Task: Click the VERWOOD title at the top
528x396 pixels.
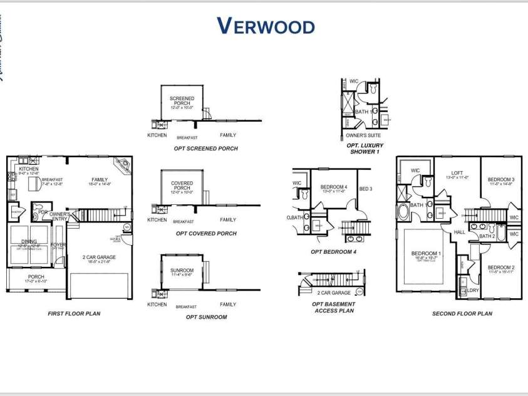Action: [x=266, y=26]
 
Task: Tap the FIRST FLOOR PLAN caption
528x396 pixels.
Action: [x=74, y=313]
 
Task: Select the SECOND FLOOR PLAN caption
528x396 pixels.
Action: [x=462, y=313]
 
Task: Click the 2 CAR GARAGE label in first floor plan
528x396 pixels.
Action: [x=99, y=257]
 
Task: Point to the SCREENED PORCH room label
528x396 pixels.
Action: [x=182, y=101]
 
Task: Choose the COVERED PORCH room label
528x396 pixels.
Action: [x=182, y=186]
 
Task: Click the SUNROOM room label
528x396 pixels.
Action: [x=182, y=270]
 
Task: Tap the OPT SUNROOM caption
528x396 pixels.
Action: [x=206, y=317]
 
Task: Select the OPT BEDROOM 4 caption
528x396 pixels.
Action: [x=333, y=252]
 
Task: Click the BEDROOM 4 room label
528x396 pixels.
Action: [x=333, y=187]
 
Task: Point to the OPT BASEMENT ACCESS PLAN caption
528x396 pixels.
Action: [x=333, y=307]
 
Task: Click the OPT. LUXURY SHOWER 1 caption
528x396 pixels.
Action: [x=365, y=148]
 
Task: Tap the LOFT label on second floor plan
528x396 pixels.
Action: [x=457, y=174]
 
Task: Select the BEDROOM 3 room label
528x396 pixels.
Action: [x=501, y=180]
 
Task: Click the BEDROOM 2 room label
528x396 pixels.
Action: [x=500, y=268]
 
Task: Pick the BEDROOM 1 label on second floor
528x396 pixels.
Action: [x=426, y=254]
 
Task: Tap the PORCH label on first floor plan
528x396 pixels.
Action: [x=36, y=276]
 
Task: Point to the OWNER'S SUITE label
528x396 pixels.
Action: [x=363, y=135]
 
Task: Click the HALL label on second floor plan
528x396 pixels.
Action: [x=460, y=232]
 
